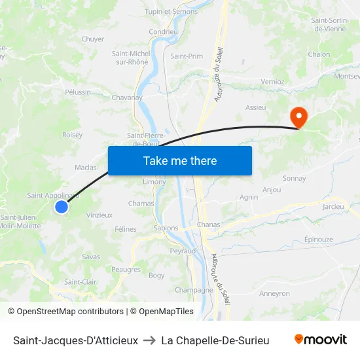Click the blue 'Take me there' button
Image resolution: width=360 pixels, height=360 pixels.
click(x=180, y=160)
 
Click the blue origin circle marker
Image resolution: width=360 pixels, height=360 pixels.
click(x=61, y=207)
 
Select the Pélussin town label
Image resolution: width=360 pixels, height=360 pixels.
click(x=78, y=92)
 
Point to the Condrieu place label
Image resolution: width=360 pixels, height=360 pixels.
click(x=163, y=31)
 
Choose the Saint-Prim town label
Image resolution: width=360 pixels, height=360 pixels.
click(x=187, y=56)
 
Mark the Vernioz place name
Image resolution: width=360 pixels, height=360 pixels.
click(x=272, y=82)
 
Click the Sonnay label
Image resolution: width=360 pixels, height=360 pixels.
click(x=294, y=178)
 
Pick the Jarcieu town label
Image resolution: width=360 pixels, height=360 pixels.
click(x=333, y=207)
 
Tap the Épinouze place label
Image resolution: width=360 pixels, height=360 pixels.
click(x=319, y=240)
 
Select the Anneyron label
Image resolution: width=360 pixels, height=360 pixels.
click(x=274, y=294)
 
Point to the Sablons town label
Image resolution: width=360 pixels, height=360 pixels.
click(x=166, y=228)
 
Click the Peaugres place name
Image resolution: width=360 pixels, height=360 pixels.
click(x=126, y=269)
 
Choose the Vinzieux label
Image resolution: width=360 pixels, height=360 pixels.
click(x=99, y=215)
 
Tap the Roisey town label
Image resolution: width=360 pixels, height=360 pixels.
click(x=72, y=135)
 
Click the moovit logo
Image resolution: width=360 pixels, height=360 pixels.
click(x=320, y=340)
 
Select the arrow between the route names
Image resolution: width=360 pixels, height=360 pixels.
click(x=149, y=340)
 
